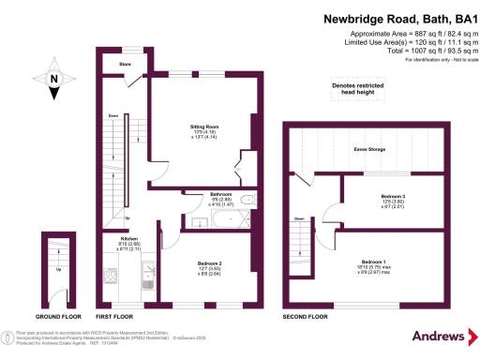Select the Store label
coord(124,65)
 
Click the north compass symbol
coord(54,81)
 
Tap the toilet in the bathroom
coord(247,201)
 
